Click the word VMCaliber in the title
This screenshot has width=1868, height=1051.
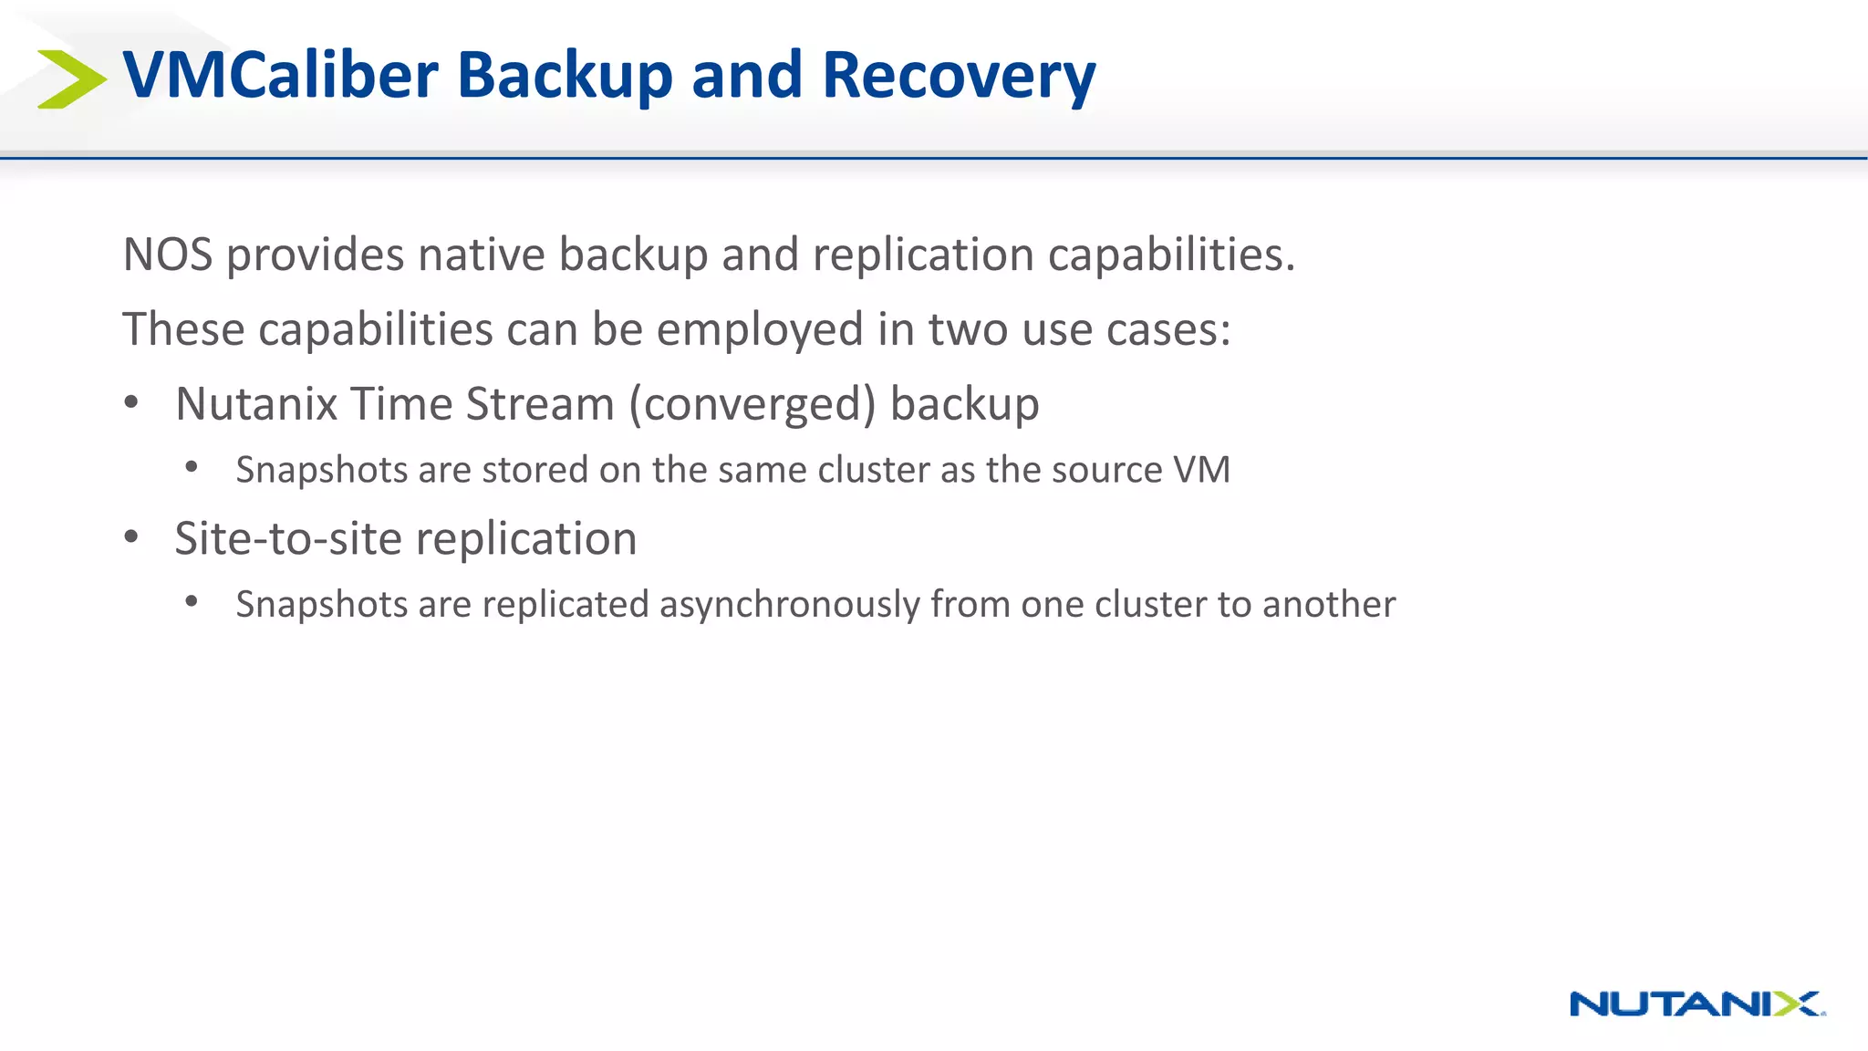point(281,75)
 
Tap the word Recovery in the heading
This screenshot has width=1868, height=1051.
point(958,75)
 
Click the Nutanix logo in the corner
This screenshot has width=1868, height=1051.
point(1697,1004)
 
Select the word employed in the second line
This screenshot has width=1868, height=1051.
point(759,329)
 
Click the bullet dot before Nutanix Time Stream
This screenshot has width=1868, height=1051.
point(131,402)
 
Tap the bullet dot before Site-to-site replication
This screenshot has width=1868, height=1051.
point(131,537)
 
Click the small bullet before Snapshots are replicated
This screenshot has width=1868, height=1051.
point(192,601)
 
